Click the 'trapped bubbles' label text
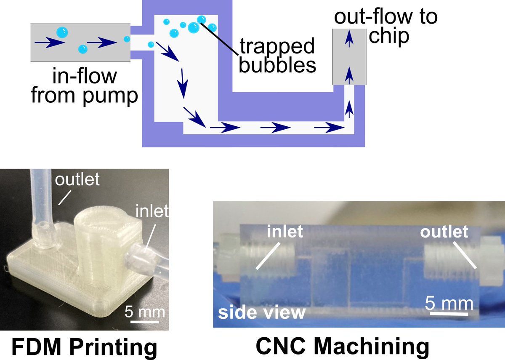pyautogui.click(x=276, y=56)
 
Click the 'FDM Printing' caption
pyautogui.click(x=83, y=347)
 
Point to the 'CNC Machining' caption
pyautogui.click(x=342, y=347)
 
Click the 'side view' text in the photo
pyautogui.click(x=261, y=312)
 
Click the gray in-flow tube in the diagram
pyautogui.click(x=80, y=42)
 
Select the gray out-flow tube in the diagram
pyautogui.click(x=349, y=56)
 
